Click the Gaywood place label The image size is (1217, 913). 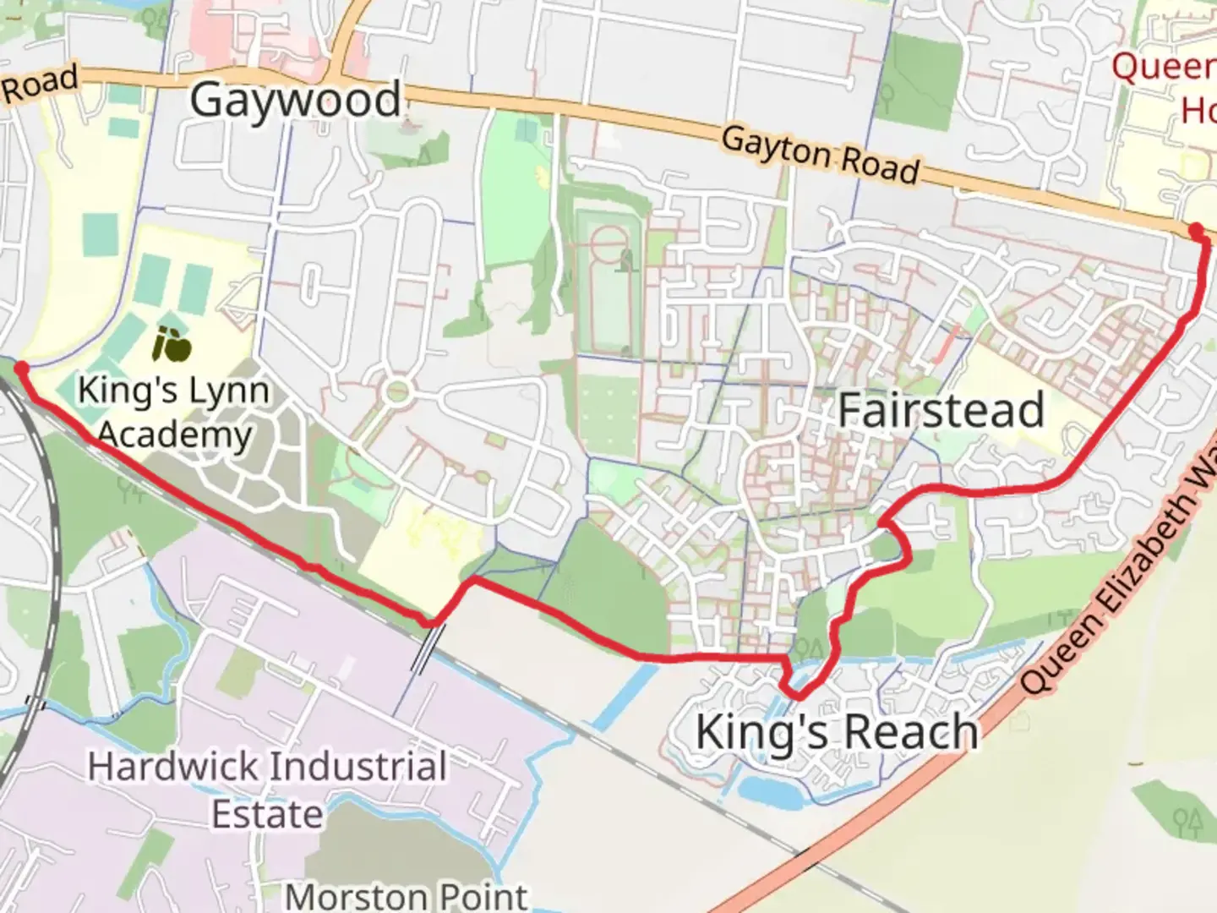[295, 100]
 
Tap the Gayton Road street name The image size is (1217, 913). [819, 156]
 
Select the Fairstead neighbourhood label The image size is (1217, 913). [941, 411]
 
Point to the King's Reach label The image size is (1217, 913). [837, 731]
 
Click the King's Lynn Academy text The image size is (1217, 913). [174, 413]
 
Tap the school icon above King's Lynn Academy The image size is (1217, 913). [172, 345]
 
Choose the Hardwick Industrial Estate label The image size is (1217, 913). [267, 790]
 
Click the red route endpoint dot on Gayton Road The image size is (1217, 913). [1196, 229]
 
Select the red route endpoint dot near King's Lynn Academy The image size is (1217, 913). [21, 368]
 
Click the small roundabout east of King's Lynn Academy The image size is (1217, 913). [397, 391]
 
